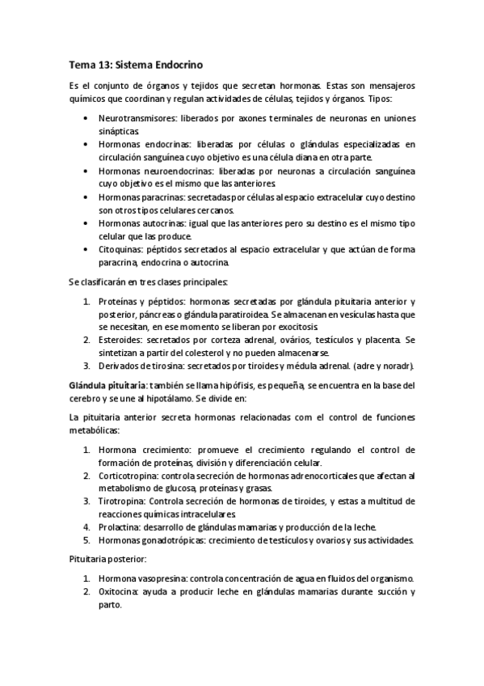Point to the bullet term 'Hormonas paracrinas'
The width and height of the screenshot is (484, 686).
click(141, 197)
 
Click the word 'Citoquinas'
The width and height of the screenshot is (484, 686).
click(121, 249)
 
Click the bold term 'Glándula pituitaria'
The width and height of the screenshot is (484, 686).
click(107, 383)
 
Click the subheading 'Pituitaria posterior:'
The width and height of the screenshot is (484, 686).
click(107, 558)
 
